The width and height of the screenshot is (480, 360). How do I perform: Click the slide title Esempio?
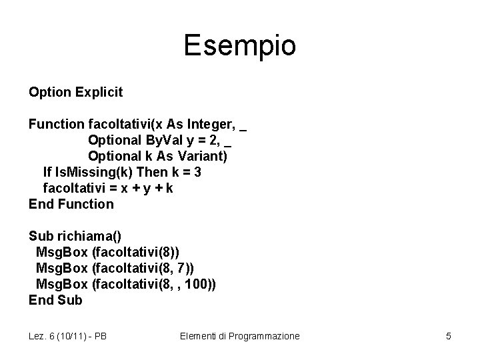(239, 46)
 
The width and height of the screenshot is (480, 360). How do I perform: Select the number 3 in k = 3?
(197, 172)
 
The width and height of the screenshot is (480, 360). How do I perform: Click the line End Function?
(71, 204)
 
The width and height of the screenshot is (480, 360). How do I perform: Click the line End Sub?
(55, 300)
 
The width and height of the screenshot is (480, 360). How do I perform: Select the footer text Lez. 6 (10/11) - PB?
(68, 336)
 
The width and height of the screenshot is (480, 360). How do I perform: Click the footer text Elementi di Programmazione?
(240, 336)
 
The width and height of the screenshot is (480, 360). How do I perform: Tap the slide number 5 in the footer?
(449, 336)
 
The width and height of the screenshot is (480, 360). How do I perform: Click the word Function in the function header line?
(56, 124)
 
